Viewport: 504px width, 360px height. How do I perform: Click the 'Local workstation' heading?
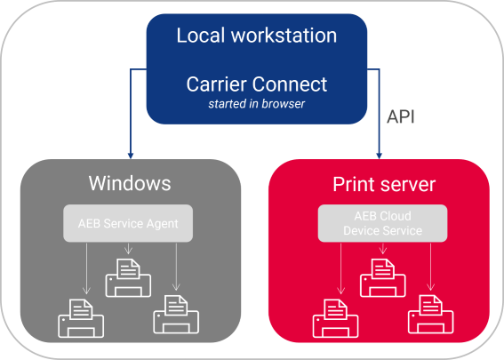click(257, 35)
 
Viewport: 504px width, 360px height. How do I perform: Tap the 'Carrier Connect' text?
click(257, 84)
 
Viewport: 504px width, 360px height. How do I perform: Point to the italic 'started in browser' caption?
click(257, 104)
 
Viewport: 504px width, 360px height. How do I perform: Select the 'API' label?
click(401, 116)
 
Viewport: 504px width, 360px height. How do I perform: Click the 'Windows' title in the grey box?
click(130, 183)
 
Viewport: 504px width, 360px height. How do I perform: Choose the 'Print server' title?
click(384, 185)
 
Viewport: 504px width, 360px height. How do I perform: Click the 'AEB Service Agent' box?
click(128, 223)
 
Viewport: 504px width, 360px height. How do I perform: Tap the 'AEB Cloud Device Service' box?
click(382, 223)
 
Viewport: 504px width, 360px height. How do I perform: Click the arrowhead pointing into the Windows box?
click(131, 156)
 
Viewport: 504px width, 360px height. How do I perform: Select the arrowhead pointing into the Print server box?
click(380, 156)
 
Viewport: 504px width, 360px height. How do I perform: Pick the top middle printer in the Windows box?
click(128, 277)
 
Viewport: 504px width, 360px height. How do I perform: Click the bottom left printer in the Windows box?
click(81, 318)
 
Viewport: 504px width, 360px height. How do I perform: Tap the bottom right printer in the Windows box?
click(176, 315)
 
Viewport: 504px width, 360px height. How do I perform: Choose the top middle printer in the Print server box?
click(382, 277)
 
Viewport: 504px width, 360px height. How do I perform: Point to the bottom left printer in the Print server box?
click(336, 318)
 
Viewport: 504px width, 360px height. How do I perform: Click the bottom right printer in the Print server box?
click(431, 315)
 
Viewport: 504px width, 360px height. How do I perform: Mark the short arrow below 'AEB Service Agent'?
click(128, 249)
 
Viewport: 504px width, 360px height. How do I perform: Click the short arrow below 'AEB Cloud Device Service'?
click(382, 249)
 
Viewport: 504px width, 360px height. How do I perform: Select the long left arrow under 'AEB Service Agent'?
click(86, 268)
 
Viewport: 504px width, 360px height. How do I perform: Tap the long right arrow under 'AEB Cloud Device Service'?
click(431, 267)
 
